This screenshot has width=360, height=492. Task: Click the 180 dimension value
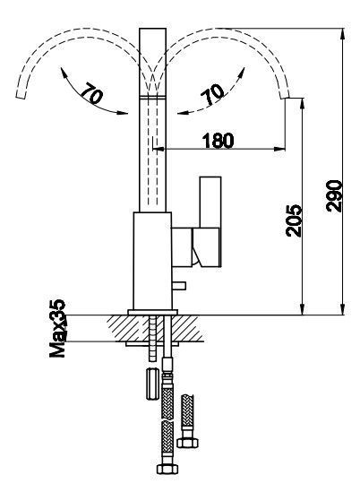pyautogui.click(x=219, y=141)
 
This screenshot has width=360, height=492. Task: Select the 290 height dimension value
pyautogui.click(x=334, y=196)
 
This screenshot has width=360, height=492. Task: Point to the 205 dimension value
pyautogui.click(x=294, y=220)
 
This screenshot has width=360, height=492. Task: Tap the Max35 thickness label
pyautogui.click(x=57, y=329)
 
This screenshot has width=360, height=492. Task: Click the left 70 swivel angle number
pyautogui.click(x=91, y=93)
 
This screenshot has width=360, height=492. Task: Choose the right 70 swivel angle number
pyautogui.click(x=213, y=94)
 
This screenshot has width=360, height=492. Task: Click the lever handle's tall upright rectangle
pyautogui.click(x=210, y=203)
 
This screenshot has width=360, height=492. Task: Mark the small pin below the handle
pyautogui.click(x=179, y=286)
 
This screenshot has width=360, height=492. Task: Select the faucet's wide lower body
pyautogui.click(x=153, y=261)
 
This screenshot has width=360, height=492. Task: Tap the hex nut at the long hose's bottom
pyautogui.click(x=167, y=469)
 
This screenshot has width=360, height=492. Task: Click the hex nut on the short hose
pyautogui.click(x=187, y=443)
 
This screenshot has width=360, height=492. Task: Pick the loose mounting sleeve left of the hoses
pyautogui.click(x=152, y=384)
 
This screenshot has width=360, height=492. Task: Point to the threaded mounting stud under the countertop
pyautogui.click(x=153, y=339)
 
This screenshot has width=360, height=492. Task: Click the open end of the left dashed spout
pyautogui.click(x=21, y=96)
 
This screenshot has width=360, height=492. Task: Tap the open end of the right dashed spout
pyautogui.click(x=285, y=96)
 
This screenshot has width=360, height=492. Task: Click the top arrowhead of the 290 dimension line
pyautogui.click(x=343, y=34)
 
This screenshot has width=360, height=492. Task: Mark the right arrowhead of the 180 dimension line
pyautogui.click(x=279, y=149)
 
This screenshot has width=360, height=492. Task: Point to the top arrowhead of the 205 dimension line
pyautogui.click(x=303, y=104)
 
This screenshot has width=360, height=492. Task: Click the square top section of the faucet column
pyautogui.click(x=152, y=62)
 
